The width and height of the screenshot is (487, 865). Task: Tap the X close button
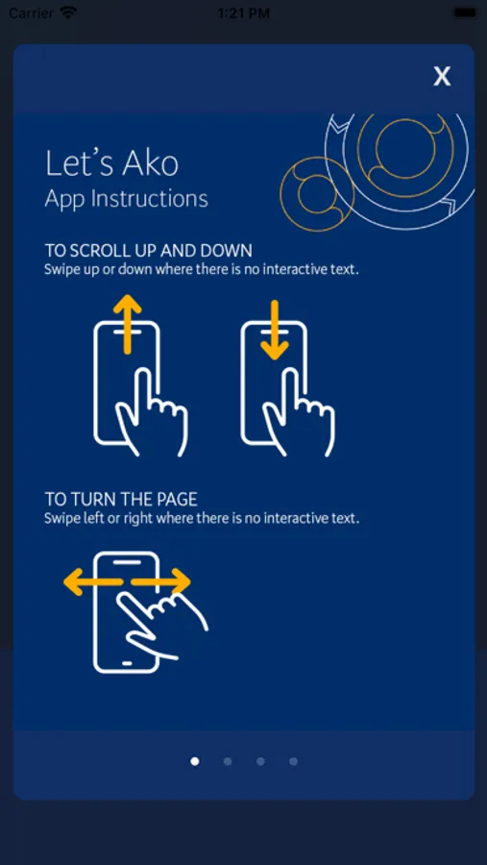pos(442,76)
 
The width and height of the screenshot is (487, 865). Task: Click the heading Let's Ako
pos(112,163)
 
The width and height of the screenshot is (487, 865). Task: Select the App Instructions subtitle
pos(126,199)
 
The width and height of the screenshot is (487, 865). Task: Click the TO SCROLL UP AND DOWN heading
pos(148,251)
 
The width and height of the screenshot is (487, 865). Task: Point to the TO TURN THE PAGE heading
pos(121,500)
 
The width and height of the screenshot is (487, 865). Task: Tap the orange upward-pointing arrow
pos(128,324)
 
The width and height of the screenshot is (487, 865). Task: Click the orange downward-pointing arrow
pos(275,330)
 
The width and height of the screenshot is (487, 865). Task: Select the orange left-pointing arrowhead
pos(75,582)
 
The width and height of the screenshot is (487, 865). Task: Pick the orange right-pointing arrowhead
pos(180,582)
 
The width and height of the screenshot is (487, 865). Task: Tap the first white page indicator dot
pos(195,761)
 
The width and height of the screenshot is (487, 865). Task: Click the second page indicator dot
pos(228,761)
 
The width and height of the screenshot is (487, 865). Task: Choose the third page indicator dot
pos(260,761)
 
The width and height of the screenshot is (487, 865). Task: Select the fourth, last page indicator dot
pos(293,761)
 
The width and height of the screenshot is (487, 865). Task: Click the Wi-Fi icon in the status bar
pos(68,12)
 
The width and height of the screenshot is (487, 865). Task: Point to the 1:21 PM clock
pos(243,13)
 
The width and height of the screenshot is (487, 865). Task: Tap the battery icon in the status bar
pos(465,12)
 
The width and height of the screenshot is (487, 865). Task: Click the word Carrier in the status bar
pos(32,12)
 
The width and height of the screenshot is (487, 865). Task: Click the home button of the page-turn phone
pos(127,662)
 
